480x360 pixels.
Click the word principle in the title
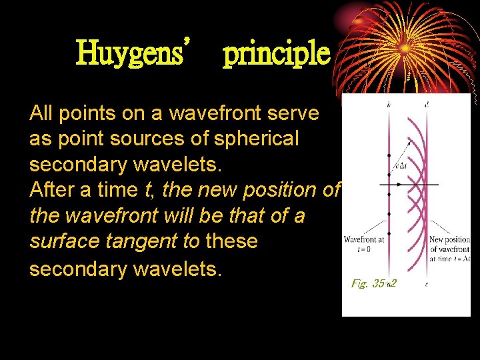point(277,53)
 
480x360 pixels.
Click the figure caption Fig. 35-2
point(373,283)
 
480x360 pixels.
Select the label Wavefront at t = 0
point(364,243)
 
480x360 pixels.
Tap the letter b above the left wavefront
point(389,105)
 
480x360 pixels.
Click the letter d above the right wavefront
point(427,105)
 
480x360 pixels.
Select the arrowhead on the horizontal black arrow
point(435,184)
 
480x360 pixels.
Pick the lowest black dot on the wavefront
point(389,233)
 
